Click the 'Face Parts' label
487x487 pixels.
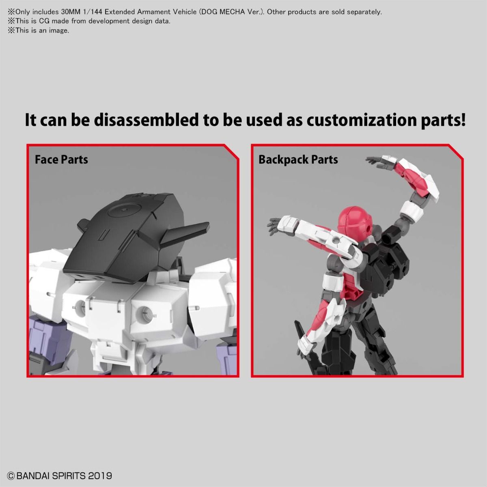(x=61, y=159)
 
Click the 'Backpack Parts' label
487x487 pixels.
(x=298, y=159)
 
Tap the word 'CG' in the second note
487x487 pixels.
(x=43, y=21)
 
